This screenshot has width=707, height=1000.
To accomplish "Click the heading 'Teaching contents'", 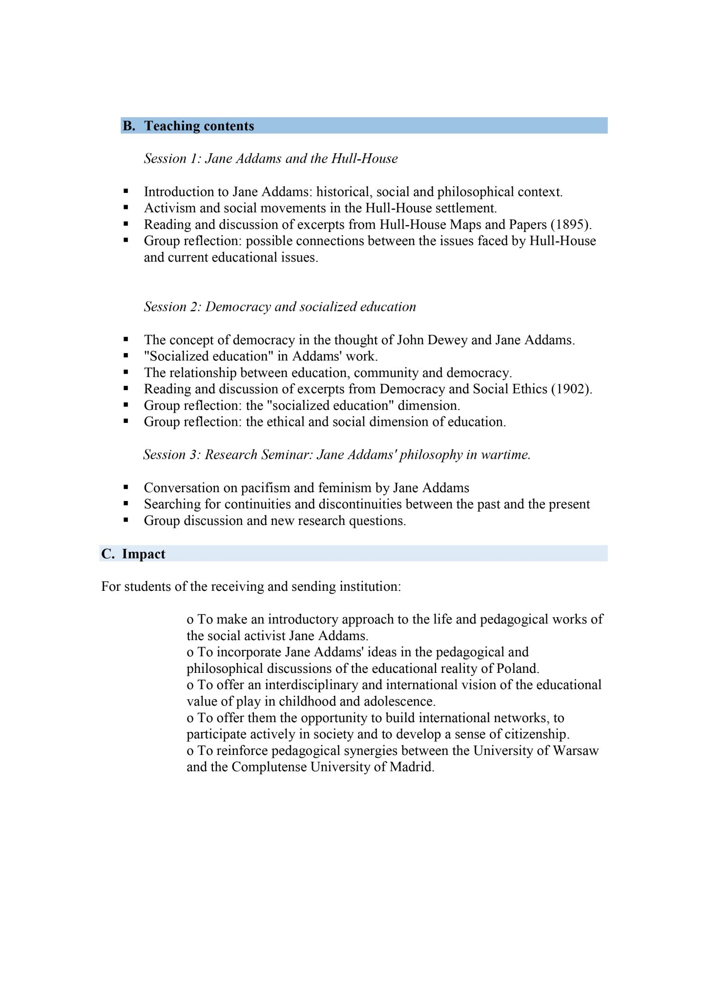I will pos(199,126).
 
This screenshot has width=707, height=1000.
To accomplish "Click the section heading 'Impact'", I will pos(144,554).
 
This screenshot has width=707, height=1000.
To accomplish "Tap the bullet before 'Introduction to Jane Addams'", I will pos(126,191).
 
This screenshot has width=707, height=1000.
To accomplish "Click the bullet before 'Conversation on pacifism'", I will pos(126,487).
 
